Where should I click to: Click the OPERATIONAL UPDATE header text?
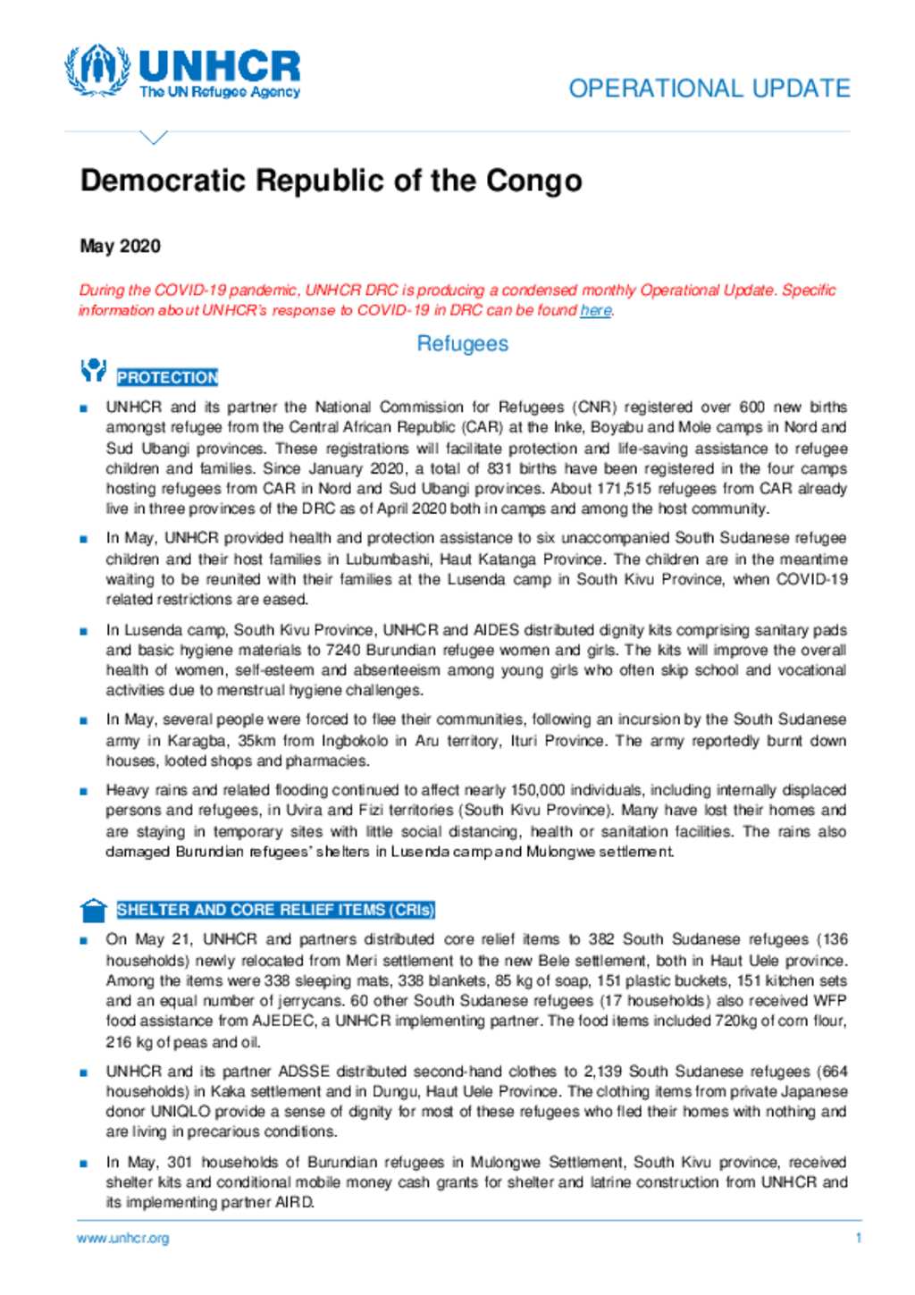pyautogui.click(x=709, y=88)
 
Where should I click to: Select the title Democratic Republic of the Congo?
pyautogui.click(x=331, y=181)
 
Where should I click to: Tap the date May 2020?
pyautogui.click(x=120, y=246)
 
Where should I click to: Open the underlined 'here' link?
pyautogui.click(x=595, y=311)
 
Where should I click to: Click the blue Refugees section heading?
pyautogui.click(x=462, y=344)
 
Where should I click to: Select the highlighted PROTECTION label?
pyautogui.click(x=167, y=377)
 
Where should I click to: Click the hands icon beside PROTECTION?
pyautogui.click(x=93, y=370)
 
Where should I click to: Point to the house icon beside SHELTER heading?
pyautogui.click(x=93, y=910)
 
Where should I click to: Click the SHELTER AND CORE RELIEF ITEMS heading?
pyautogui.click(x=275, y=910)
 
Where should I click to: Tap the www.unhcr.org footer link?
pyautogui.click(x=122, y=1238)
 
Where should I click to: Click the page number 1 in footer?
pyautogui.click(x=858, y=1238)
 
